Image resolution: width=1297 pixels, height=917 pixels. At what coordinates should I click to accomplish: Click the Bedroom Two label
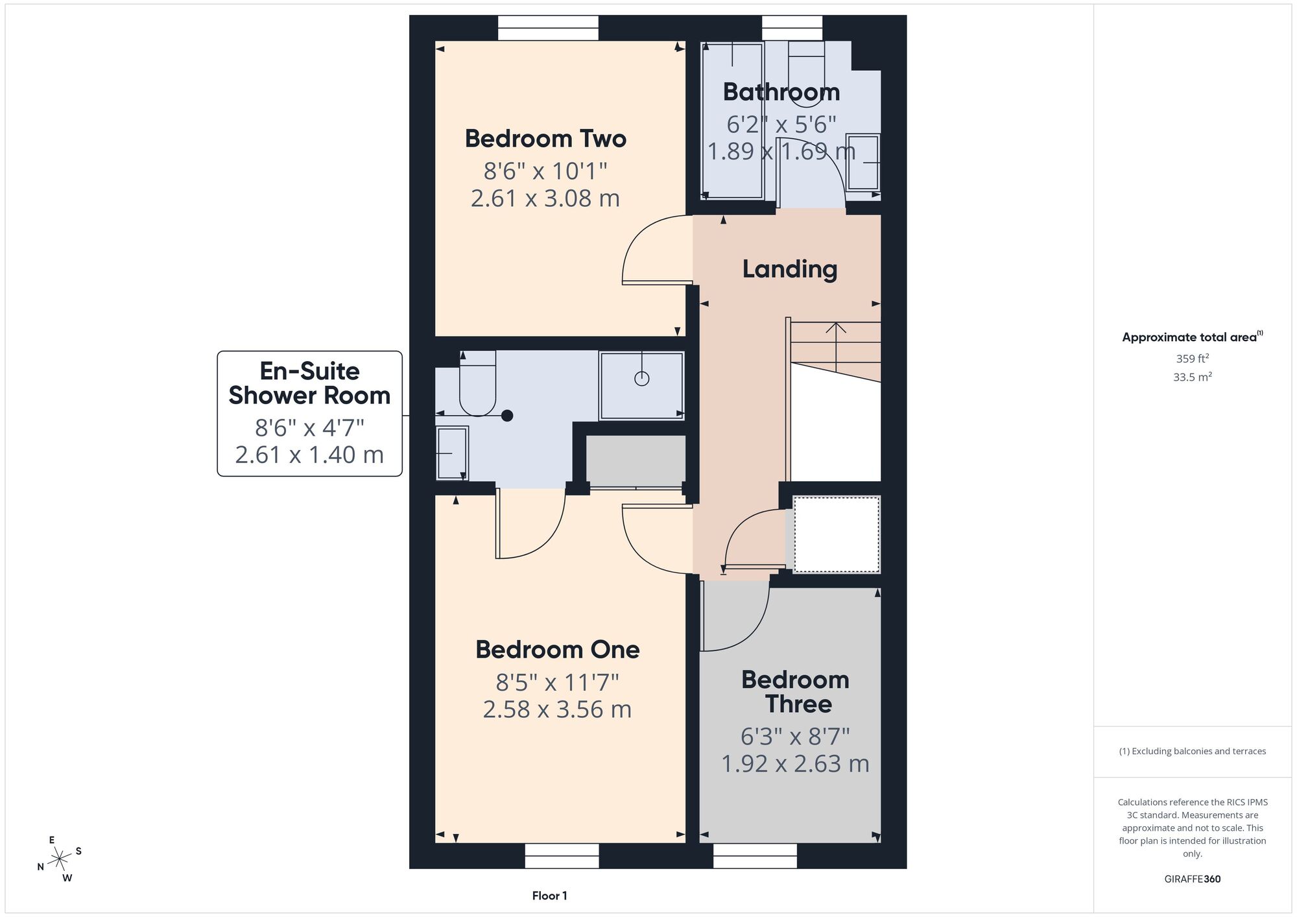(545, 139)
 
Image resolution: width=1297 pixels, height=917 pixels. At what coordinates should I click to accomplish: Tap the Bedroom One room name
(558, 650)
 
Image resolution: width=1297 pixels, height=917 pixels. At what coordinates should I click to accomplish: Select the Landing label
(790, 269)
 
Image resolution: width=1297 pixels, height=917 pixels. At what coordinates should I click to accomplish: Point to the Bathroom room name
(781, 92)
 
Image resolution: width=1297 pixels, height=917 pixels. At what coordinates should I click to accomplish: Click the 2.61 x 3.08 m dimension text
(545, 198)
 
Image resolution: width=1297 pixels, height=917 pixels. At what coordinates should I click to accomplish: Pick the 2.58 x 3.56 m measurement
(558, 709)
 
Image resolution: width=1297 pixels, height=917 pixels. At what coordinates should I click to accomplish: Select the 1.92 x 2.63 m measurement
(795, 764)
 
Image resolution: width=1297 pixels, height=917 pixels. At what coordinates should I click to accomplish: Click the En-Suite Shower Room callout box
(309, 414)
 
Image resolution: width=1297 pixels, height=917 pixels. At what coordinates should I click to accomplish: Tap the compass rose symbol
(60, 859)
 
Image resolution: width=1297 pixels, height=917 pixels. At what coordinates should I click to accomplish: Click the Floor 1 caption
(549, 896)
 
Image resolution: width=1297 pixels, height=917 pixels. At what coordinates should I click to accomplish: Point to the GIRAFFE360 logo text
(1193, 879)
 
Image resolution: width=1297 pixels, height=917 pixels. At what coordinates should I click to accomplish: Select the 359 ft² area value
(1193, 359)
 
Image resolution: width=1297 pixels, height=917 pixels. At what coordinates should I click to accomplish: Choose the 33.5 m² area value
(1193, 377)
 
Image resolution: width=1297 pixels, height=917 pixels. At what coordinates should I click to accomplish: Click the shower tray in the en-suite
(641, 386)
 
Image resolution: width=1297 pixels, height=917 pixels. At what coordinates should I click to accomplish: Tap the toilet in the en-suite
(478, 383)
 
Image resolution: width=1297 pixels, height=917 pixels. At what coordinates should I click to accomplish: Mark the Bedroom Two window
(548, 29)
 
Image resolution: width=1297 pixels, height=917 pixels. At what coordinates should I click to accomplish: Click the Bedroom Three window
(755, 855)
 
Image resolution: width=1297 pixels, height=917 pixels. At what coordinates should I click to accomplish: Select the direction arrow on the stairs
(836, 348)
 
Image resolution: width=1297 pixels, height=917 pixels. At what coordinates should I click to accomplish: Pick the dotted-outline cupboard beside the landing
(837, 534)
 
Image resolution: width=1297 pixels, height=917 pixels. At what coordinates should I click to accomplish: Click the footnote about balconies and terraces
(1193, 752)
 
